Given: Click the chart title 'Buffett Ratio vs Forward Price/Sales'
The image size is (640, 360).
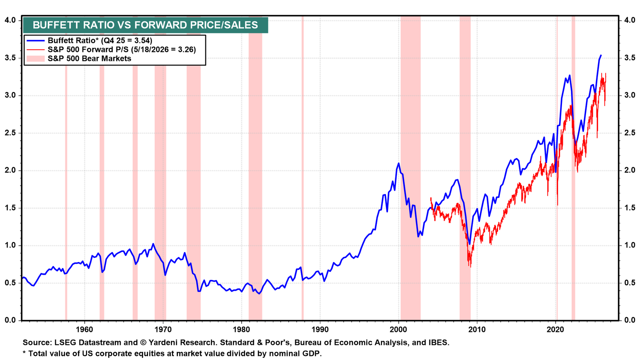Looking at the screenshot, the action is click(x=145, y=25).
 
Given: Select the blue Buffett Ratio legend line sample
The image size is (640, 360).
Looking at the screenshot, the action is click(x=36, y=40).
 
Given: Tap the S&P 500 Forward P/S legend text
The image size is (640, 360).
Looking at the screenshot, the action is click(x=122, y=50).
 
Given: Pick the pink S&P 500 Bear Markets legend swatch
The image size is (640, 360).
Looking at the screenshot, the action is click(x=36, y=58).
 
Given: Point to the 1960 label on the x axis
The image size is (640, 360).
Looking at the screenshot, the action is click(x=84, y=330).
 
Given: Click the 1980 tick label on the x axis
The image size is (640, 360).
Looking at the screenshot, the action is click(x=242, y=330).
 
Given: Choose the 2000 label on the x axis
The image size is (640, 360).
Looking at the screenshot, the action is click(x=398, y=330).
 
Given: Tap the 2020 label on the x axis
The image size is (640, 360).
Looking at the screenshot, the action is click(x=556, y=330).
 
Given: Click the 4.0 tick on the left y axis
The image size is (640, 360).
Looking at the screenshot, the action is click(x=10, y=20).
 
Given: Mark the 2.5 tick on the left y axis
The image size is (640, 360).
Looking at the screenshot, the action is click(x=10, y=133).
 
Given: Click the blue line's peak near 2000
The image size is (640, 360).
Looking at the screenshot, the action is click(x=398, y=163).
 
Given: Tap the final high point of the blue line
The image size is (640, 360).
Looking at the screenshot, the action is click(x=601, y=55).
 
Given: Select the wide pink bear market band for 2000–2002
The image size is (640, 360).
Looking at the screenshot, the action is click(x=410, y=168).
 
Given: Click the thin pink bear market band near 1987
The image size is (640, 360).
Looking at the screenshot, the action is click(x=302, y=168).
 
